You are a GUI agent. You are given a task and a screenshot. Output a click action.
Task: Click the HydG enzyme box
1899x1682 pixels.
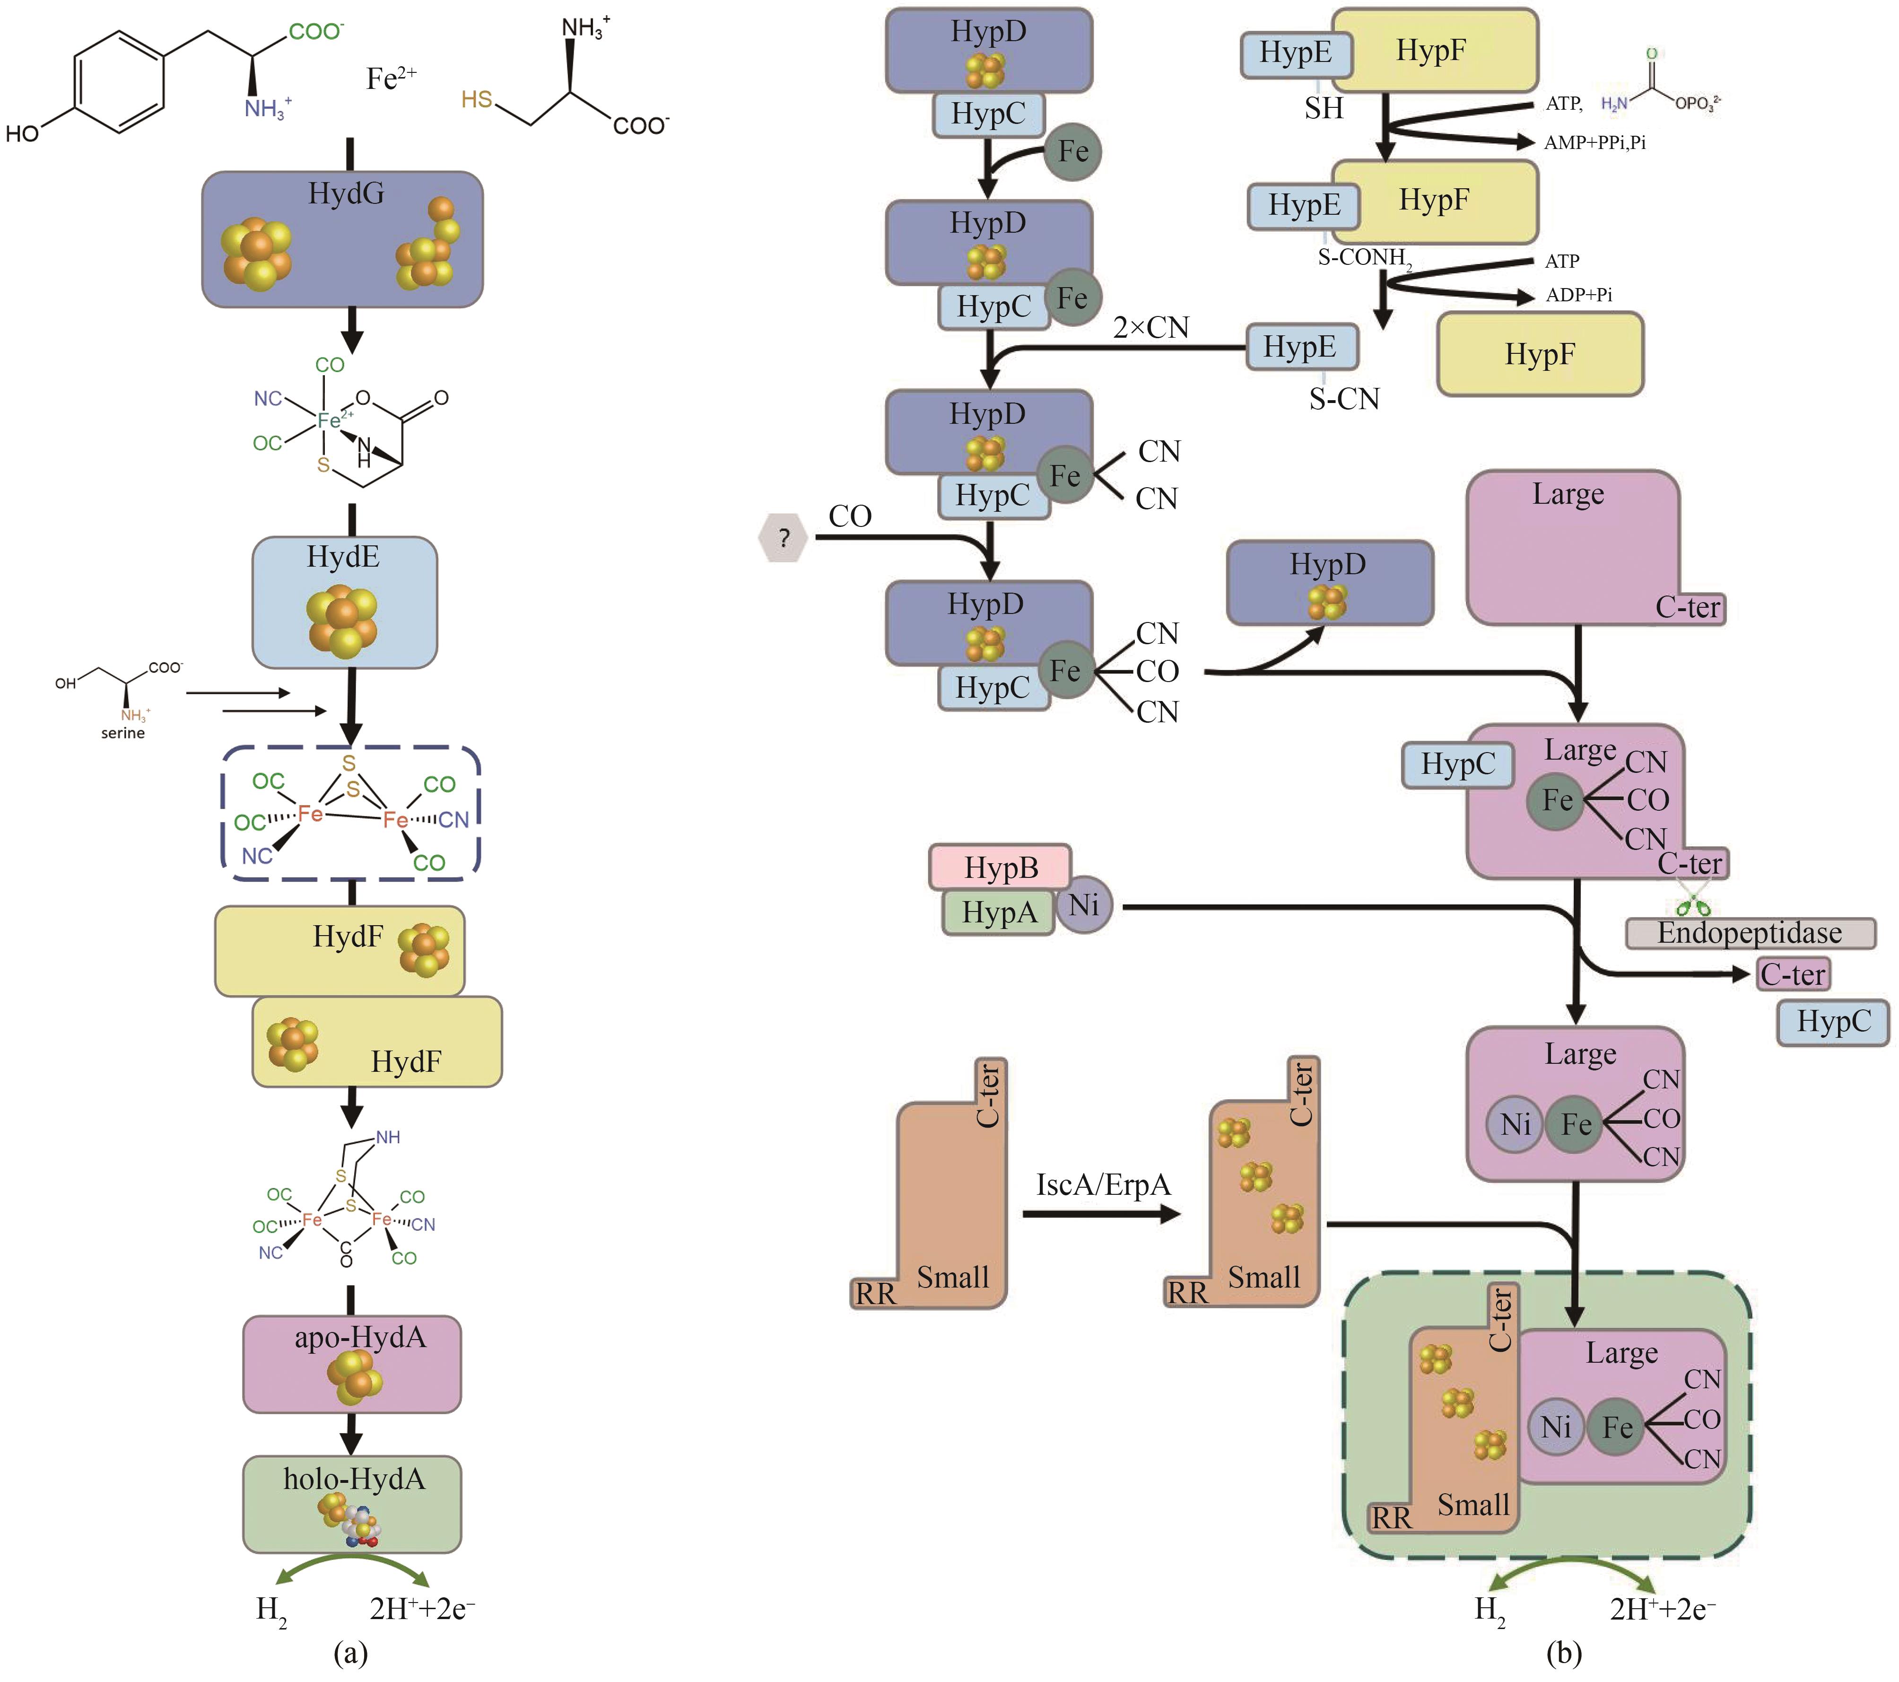[x=342, y=239]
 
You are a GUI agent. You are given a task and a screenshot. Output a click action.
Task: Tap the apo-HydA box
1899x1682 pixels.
[x=351, y=1363]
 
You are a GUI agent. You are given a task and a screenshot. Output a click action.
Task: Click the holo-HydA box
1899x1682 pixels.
[x=351, y=1503]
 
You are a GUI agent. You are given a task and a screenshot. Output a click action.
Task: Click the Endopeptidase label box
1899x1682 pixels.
[x=1750, y=933]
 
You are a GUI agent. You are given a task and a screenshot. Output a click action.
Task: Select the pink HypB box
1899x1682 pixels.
[x=1000, y=867]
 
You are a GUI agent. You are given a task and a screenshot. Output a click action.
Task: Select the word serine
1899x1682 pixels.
[x=122, y=733]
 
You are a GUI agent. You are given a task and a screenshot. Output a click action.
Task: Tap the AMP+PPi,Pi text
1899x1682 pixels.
[x=1594, y=142]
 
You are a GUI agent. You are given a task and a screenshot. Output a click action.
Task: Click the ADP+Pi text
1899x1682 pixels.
[x=1578, y=295]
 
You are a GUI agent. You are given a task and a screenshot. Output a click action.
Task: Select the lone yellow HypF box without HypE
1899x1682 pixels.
[x=1540, y=354]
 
